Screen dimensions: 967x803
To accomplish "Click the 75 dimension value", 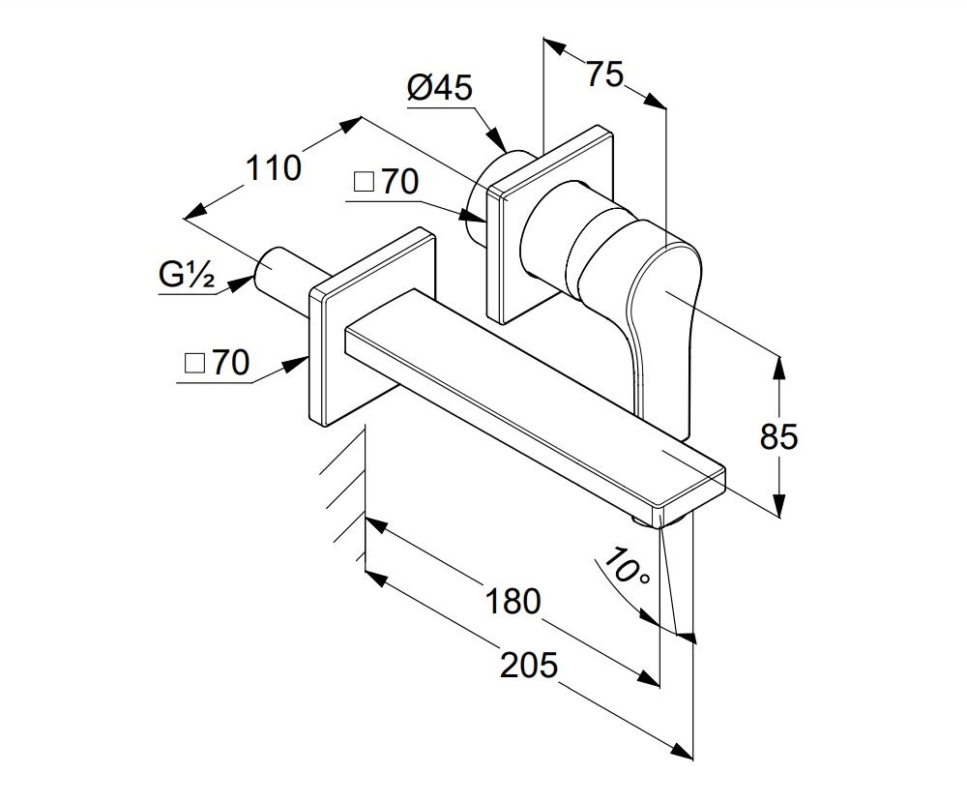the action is click(605, 74).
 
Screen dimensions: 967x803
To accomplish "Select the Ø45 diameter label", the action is click(439, 88).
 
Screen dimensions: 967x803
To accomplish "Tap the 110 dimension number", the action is click(274, 168).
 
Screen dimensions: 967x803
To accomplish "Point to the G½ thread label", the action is click(187, 275).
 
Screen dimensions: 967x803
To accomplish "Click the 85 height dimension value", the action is click(778, 436).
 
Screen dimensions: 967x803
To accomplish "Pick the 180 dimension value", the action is click(513, 601).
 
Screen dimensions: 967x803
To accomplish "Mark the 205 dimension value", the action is click(529, 665).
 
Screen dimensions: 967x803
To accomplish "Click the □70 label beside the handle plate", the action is click(387, 182).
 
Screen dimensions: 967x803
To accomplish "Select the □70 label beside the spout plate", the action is click(217, 362).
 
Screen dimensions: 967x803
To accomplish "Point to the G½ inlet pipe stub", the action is click(283, 272).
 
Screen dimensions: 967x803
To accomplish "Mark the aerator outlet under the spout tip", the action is click(660, 522).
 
